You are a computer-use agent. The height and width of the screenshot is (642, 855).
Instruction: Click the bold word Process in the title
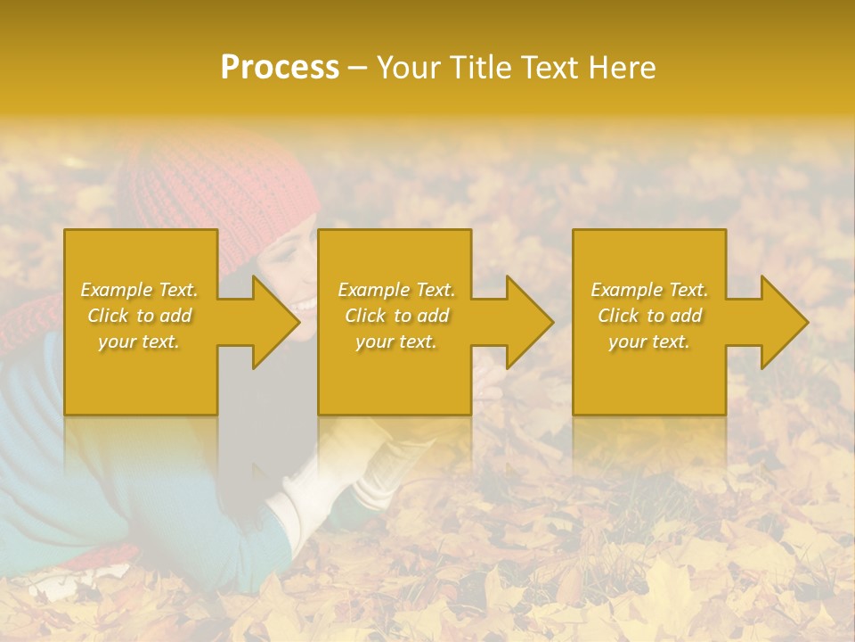(x=280, y=68)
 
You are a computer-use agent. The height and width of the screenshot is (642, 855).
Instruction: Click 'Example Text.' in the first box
(x=139, y=290)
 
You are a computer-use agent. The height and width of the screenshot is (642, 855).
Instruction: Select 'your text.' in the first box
(x=139, y=342)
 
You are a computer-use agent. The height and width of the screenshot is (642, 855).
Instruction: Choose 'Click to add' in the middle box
(x=396, y=316)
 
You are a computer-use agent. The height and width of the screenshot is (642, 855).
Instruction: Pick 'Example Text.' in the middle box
(x=396, y=290)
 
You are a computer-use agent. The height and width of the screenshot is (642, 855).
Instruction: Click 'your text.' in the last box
(x=649, y=342)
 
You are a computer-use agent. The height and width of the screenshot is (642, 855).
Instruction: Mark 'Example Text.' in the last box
(x=649, y=290)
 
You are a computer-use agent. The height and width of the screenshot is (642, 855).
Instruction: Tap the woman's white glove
(x=294, y=499)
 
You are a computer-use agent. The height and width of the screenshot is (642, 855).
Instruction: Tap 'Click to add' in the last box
(x=649, y=316)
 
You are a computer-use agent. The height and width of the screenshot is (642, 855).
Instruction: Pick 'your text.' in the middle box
(x=396, y=342)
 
